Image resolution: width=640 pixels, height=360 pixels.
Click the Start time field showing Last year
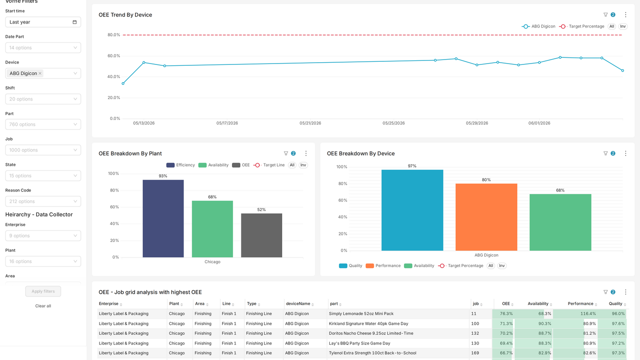coord(43,22)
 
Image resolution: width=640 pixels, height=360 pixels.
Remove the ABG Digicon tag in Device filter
coord(40,73)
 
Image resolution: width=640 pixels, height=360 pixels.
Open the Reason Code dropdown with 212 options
coord(43,201)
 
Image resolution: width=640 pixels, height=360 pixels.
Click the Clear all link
coord(43,306)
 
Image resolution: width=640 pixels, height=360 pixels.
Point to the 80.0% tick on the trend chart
coord(114,35)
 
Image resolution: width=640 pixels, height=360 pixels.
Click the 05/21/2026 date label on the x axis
coord(310,123)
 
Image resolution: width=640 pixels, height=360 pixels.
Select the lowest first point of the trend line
coord(123,84)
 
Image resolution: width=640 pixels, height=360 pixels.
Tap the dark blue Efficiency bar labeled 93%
coord(163,219)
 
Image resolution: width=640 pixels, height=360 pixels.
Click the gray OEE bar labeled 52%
coord(261,236)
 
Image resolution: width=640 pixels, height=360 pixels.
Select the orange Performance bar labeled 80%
coord(486,217)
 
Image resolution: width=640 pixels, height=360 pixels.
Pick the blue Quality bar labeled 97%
coord(412,210)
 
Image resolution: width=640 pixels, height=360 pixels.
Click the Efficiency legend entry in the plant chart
coord(180,165)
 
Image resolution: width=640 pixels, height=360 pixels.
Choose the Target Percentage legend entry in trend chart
coord(582,26)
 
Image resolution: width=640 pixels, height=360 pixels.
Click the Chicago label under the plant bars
coord(212,262)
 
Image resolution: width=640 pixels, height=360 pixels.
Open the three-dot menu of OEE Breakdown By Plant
coord(306,153)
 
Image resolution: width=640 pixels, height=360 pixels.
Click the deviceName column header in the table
coord(298,304)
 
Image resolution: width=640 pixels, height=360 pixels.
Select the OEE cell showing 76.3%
coord(503,314)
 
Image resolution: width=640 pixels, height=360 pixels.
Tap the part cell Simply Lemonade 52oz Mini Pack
coord(361,314)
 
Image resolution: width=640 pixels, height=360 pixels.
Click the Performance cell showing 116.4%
coord(575,314)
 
